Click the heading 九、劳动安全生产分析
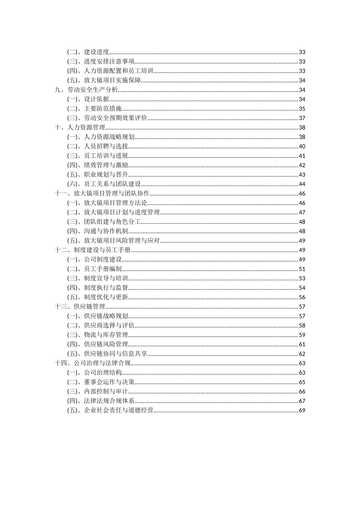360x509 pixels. pyautogui.click(x=86, y=90)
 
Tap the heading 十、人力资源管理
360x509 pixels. pyautogui.click(x=80, y=128)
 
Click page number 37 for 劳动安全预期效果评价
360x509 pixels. pyautogui.click(x=302, y=118)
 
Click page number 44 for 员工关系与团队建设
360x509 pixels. pyautogui.click(x=302, y=184)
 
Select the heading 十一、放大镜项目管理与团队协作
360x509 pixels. pyautogui.click(x=102, y=194)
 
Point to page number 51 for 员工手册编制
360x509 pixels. pyautogui.click(x=302, y=269)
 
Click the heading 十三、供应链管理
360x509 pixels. pyautogui.click(x=80, y=307)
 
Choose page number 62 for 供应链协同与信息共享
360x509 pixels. pyautogui.click(x=302, y=354)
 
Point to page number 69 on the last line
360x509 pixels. pyautogui.click(x=302, y=411)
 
